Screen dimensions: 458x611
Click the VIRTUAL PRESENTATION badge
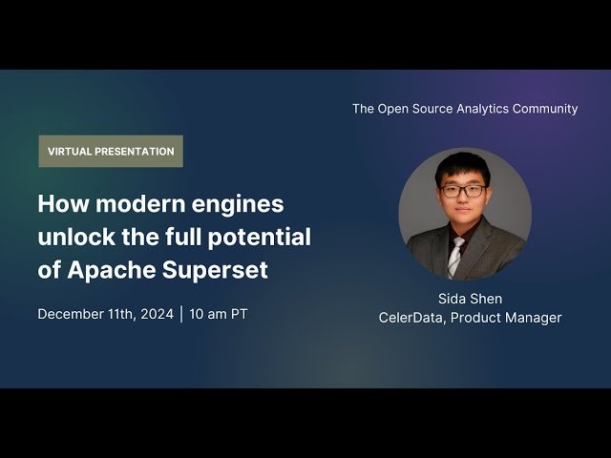tap(111, 152)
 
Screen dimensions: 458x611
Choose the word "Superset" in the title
tap(217, 270)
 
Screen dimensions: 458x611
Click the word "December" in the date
tap(74, 314)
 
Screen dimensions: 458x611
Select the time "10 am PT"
tap(219, 314)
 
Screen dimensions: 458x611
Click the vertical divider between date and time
tap(181, 314)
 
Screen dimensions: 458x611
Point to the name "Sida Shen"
tap(470, 299)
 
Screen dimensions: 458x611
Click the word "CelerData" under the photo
tap(411, 318)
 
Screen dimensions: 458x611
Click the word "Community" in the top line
tap(544, 109)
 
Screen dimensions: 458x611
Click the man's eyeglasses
tap(463, 191)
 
